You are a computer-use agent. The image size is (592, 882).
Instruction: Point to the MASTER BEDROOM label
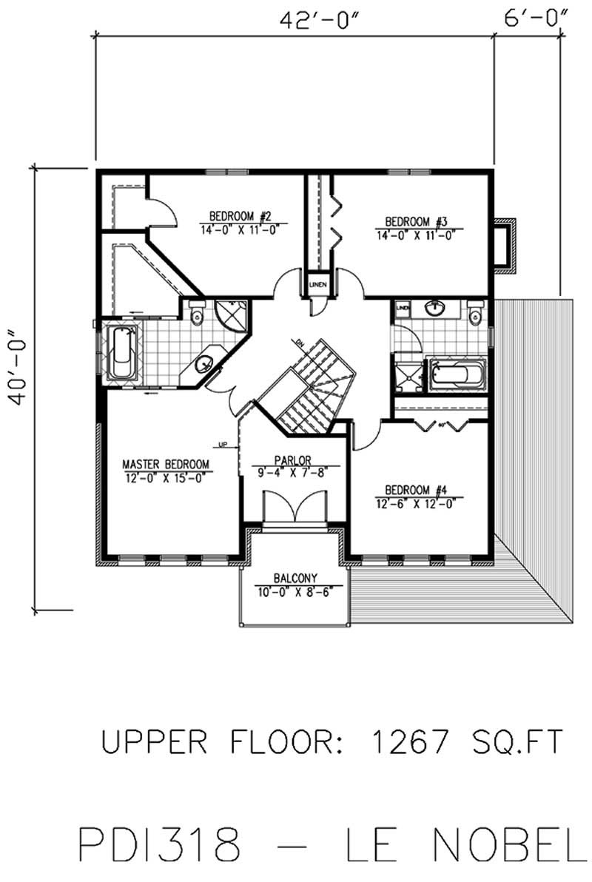[x=166, y=465]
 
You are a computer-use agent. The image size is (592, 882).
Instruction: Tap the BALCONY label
[x=295, y=578]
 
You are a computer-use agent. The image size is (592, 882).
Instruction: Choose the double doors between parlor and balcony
[x=295, y=511]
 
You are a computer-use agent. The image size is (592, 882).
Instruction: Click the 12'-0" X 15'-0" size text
[x=166, y=477]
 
